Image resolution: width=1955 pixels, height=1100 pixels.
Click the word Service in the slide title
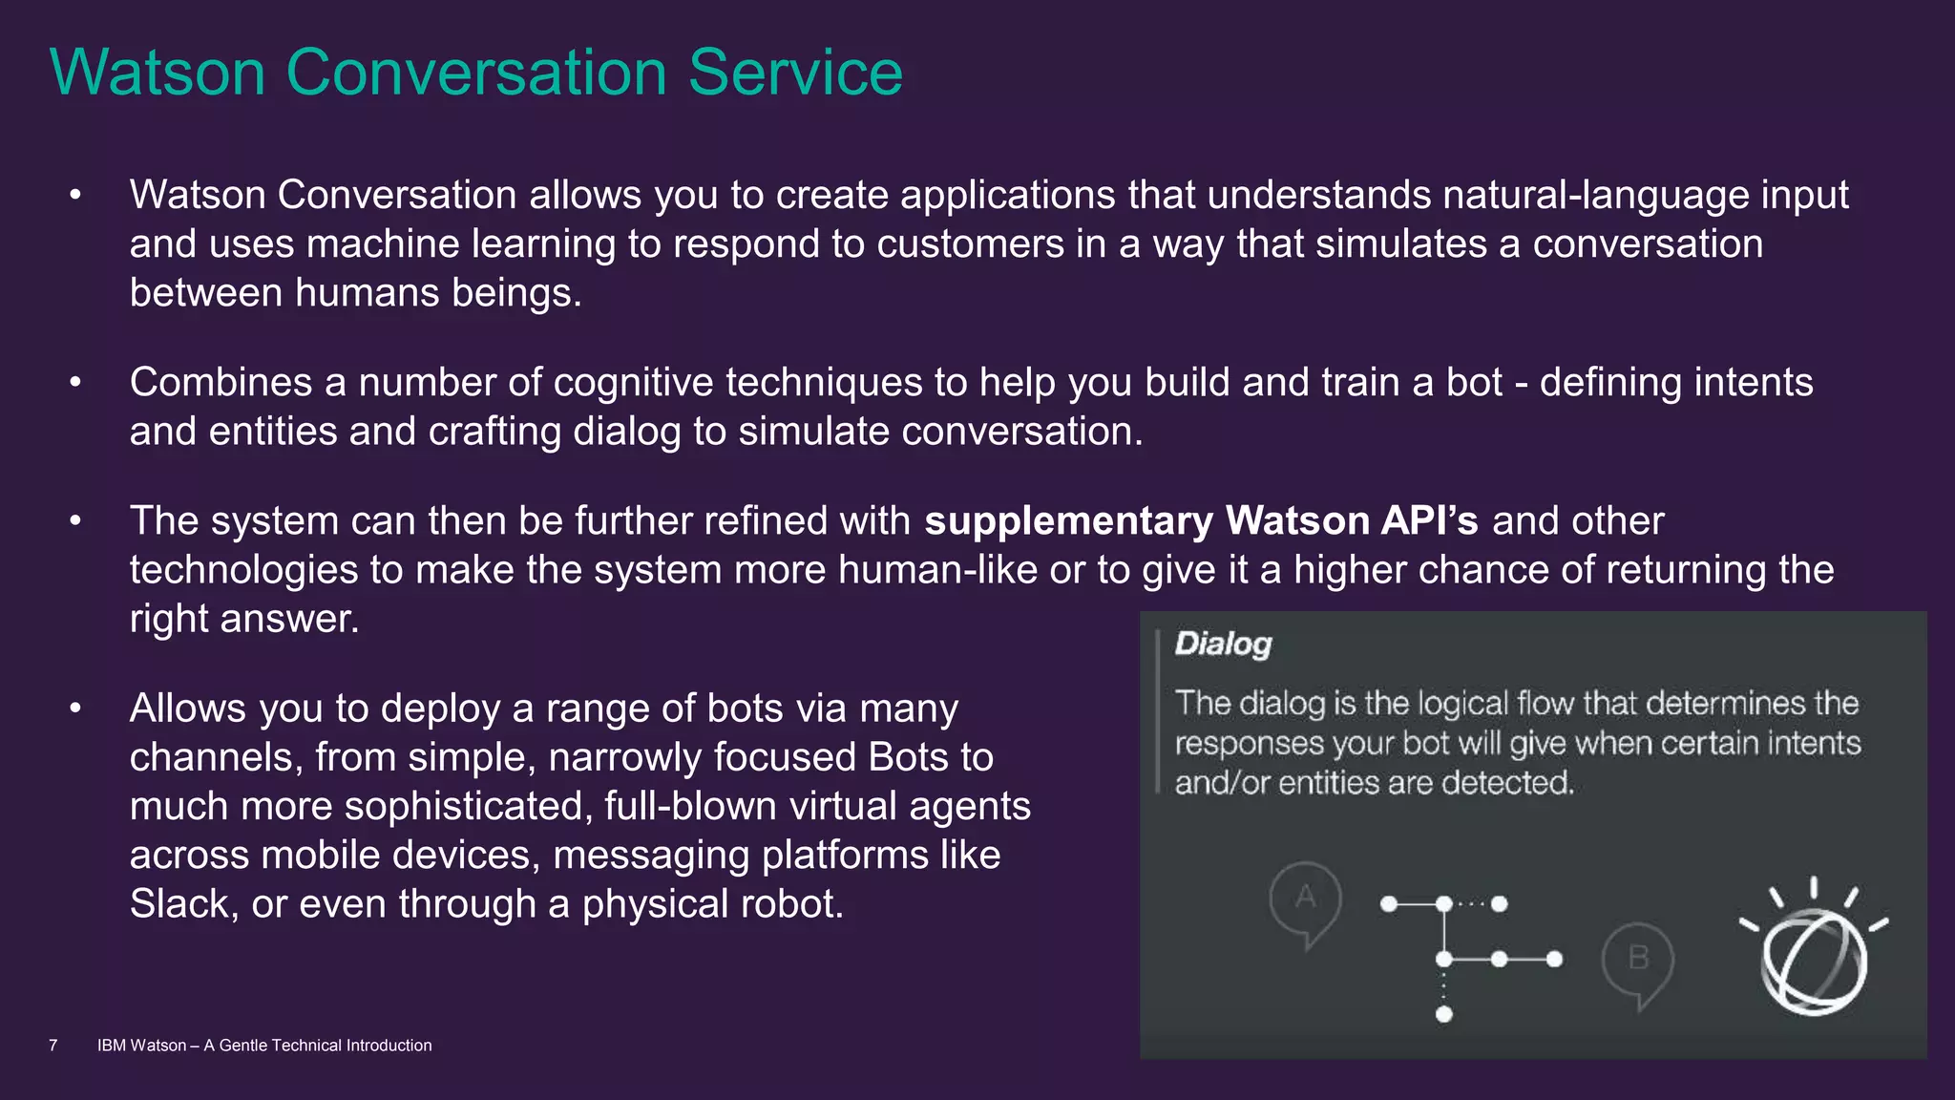pyautogui.click(x=795, y=73)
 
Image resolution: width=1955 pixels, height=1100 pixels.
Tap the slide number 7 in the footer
pyautogui.click(x=53, y=1046)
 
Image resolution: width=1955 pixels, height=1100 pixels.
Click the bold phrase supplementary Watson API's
pyautogui.click(x=1201, y=521)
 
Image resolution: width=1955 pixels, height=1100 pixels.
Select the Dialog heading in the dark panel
pyautogui.click(x=1223, y=645)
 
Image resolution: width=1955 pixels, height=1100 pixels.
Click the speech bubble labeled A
pyautogui.click(x=1305, y=899)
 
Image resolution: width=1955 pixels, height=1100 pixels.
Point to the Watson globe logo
pyautogui.click(x=1813, y=958)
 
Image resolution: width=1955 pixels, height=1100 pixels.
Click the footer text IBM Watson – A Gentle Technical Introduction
pyautogui.click(x=264, y=1046)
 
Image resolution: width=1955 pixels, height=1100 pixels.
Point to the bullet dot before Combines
pyautogui.click(x=75, y=383)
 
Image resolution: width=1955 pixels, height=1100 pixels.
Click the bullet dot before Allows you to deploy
pyautogui.click(x=75, y=709)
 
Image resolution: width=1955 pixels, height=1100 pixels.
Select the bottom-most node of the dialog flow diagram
pyautogui.click(x=1444, y=1014)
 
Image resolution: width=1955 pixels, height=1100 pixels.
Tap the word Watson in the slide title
pyautogui.click(x=158, y=73)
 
